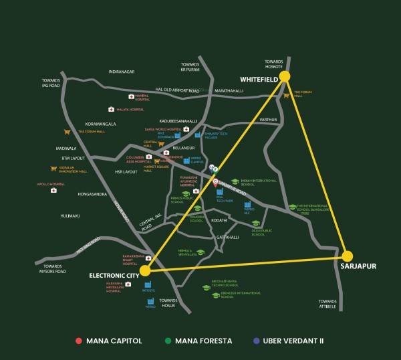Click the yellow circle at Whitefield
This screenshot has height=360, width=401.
(285, 77)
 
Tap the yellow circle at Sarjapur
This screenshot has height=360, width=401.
(347, 256)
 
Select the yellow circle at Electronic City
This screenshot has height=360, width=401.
(145, 271)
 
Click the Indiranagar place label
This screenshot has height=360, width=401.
(122, 71)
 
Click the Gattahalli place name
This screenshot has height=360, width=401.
(228, 237)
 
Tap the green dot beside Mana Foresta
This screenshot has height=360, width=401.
(168, 341)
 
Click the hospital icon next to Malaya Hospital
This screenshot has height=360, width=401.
(112, 109)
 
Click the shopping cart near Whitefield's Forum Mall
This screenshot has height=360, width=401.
(286, 95)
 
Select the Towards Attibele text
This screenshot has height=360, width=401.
(327, 304)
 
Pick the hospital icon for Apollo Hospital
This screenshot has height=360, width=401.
(53, 191)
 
